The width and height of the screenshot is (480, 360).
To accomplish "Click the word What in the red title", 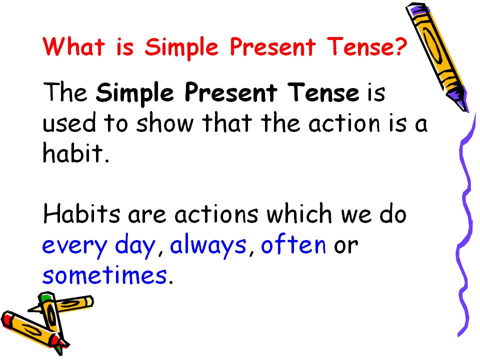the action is [74, 46].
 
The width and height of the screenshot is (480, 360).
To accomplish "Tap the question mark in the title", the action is [400, 46].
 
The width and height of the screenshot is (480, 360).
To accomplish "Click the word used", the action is [69, 123].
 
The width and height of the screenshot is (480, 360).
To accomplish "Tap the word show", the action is [165, 123].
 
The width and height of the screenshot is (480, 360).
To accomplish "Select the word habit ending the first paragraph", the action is [73, 152].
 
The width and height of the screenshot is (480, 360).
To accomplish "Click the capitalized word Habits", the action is [81, 213].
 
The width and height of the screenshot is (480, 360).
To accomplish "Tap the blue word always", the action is [208, 246].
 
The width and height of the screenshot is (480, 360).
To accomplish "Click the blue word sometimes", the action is [104, 274].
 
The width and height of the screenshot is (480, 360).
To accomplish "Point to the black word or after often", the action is [346, 246].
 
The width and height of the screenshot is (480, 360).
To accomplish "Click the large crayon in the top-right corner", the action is [436, 56].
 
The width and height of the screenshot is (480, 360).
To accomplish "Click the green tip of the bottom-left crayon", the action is [45, 297].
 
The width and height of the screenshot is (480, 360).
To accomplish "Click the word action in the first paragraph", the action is [344, 123].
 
